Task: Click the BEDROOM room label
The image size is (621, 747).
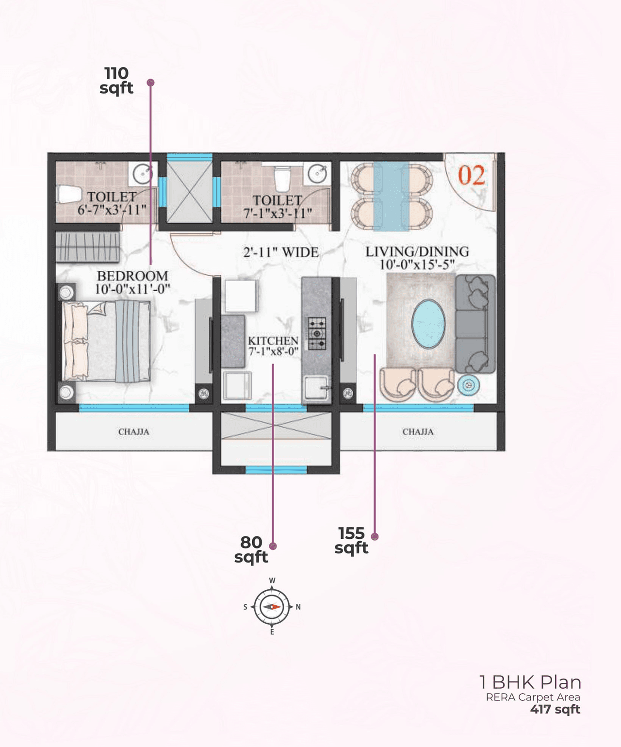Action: pyautogui.click(x=132, y=276)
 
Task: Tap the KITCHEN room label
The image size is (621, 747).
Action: pyautogui.click(x=273, y=341)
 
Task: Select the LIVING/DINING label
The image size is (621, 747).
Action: pyautogui.click(x=417, y=252)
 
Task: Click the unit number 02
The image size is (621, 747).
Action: pyautogui.click(x=472, y=175)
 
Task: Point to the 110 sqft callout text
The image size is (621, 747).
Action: pyautogui.click(x=116, y=81)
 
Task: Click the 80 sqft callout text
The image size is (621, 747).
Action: pyautogui.click(x=251, y=549)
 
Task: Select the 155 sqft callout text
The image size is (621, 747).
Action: pyautogui.click(x=351, y=540)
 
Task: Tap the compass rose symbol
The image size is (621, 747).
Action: pyautogui.click(x=272, y=607)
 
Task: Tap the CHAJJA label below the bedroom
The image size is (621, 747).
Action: pyautogui.click(x=133, y=432)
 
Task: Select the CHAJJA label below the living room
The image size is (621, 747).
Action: pyautogui.click(x=418, y=432)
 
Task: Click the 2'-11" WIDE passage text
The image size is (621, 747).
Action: pyautogui.click(x=281, y=252)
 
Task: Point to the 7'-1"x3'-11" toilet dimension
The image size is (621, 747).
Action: pyautogui.click(x=278, y=213)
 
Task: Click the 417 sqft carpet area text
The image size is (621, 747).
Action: pyautogui.click(x=555, y=709)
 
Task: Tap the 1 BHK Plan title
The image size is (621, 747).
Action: pyautogui.click(x=530, y=682)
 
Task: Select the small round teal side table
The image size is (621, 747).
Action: pyautogui.click(x=468, y=385)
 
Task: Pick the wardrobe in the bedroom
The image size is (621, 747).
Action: pyautogui.click(x=87, y=247)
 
